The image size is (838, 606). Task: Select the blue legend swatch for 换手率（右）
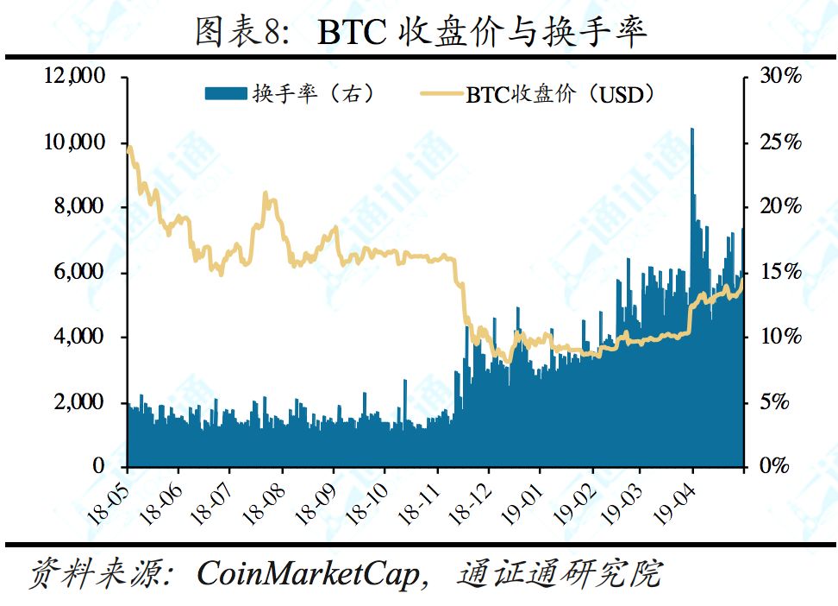click(x=226, y=93)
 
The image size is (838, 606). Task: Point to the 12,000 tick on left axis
click(x=74, y=77)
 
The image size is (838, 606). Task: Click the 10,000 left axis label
click(x=74, y=142)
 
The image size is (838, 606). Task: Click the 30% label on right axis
click(x=780, y=77)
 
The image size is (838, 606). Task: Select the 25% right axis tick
click(x=780, y=142)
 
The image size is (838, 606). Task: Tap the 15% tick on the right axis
click(x=780, y=272)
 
